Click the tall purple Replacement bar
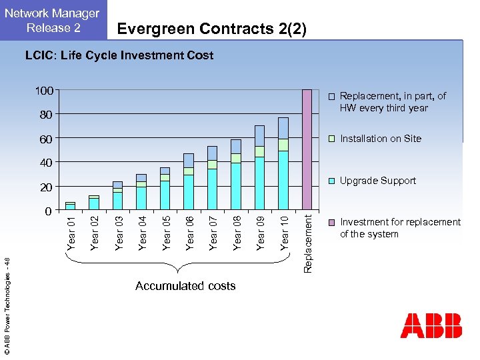pos(307,149)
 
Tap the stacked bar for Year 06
pos(189,181)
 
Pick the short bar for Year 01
pos(70,205)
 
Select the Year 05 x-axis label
pos(167,231)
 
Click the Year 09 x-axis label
pos(261,231)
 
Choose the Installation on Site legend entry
pos(381,139)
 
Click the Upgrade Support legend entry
pos(377,181)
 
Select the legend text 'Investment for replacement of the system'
pos(400,228)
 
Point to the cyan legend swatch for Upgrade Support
pos(331,181)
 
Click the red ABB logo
pos(431,325)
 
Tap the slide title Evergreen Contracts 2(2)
pos(211,29)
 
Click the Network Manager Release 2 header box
pos(53,20)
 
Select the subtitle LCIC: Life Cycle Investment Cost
pos(119,55)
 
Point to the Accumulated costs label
pos(185,286)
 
